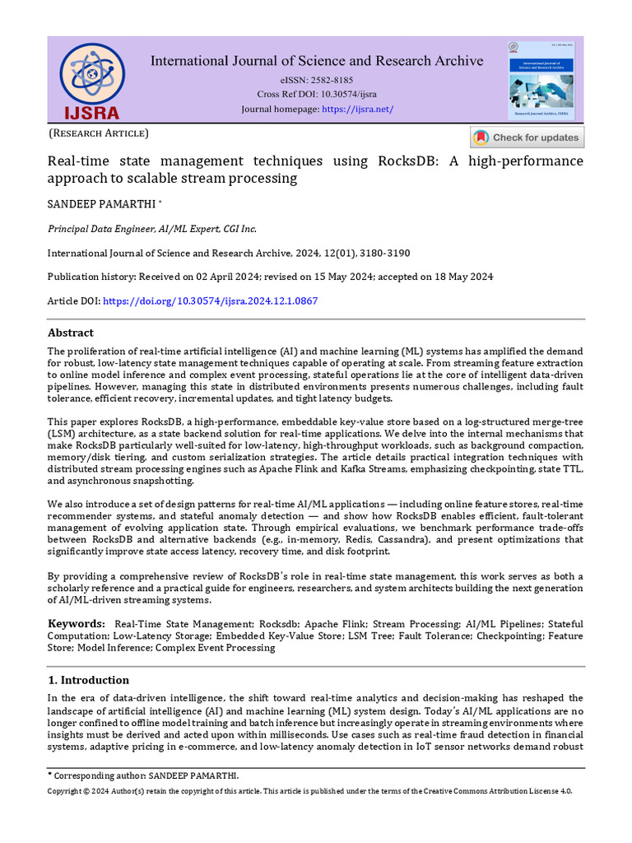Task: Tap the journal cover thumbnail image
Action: [540, 81]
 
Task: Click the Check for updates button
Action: [526, 137]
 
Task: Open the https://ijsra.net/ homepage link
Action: [357, 109]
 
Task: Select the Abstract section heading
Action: [70, 333]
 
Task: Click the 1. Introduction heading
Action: [88, 680]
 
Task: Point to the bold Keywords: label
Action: [76, 624]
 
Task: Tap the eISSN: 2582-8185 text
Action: [317, 80]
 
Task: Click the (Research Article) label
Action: [99, 133]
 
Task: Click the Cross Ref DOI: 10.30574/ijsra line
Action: [317, 95]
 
